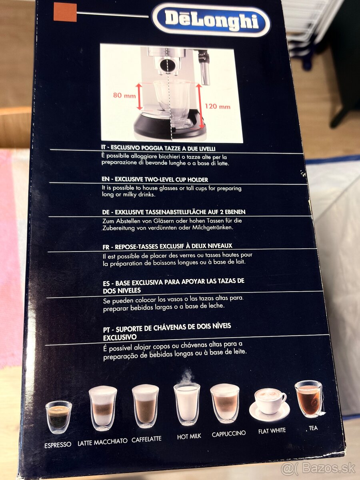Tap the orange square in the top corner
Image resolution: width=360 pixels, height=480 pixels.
point(65,12)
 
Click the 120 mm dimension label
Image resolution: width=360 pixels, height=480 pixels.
point(218,106)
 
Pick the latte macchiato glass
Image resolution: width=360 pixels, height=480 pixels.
point(102,408)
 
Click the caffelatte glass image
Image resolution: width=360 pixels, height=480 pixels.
point(146,406)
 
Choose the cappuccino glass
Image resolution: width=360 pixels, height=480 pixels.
point(225,403)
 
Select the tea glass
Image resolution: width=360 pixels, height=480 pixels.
point(308,399)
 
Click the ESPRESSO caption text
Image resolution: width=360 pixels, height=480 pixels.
point(58,444)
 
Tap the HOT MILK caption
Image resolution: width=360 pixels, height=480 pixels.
point(189,437)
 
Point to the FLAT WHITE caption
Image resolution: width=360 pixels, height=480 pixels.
point(272,431)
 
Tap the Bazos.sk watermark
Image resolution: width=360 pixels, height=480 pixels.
point(318,468)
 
